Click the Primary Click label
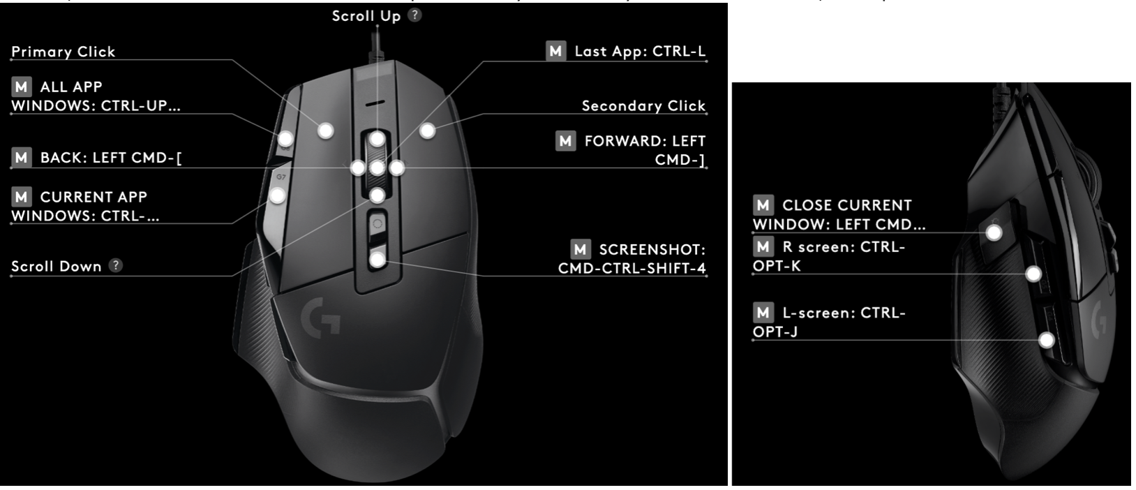click(63, 52)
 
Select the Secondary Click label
click(643, 106)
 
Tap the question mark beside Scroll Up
click(414, 15)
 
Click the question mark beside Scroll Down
click(116, 265)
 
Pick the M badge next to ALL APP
click(22, 87)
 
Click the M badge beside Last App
click(555, 51)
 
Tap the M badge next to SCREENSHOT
click(581, 249)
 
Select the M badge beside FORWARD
click(566, 141)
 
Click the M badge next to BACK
click(22, 158)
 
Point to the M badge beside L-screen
click(764, 313)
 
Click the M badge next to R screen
click(764, 246)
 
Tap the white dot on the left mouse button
click(325, 130)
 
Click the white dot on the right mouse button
click(428, 131)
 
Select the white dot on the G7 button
click(277, 195)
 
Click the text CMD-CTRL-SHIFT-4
click(631, 268)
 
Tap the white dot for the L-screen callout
click(1046, 340)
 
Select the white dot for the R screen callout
click(1033, 274)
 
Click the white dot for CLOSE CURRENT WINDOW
click(994, 232)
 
